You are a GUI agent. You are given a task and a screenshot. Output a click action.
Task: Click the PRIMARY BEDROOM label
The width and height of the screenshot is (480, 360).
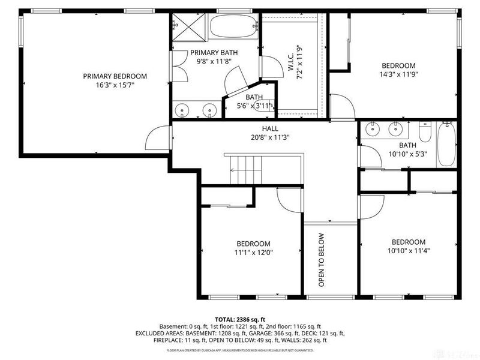(115, 76)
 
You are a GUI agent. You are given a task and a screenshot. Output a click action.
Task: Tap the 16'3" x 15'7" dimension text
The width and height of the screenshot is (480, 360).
(115, 86)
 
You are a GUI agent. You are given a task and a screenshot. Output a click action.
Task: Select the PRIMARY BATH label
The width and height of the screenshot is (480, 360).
(214, 53)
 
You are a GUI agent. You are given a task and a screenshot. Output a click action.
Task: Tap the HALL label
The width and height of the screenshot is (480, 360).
(269, 128)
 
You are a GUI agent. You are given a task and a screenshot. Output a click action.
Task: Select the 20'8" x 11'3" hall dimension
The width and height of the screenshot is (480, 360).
(269, 137)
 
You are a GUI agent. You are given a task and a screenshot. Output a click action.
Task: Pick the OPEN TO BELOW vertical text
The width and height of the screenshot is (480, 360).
(322, 259)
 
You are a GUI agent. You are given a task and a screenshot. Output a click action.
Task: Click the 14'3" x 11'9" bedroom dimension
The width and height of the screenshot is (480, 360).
(398, 75)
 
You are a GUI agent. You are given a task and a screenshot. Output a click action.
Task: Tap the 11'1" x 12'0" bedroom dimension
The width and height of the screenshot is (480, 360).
(253, 253)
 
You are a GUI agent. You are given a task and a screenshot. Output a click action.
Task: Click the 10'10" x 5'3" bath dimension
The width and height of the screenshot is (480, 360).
(407, 154)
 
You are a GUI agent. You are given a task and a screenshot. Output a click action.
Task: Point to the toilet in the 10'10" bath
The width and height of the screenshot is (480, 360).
(425, 131)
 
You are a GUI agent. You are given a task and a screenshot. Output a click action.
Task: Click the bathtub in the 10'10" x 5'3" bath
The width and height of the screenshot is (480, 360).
(447, 144)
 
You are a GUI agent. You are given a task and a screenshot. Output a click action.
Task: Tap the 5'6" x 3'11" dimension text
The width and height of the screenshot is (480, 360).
(253, 106)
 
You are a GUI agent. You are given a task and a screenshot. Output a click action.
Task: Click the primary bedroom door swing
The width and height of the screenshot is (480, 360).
(157, 137)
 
